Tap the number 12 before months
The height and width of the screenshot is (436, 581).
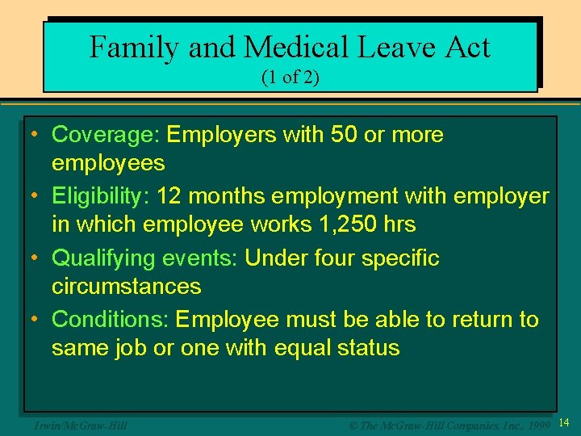click(x=170, y=196)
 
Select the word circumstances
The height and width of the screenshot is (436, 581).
click(x=127, y=287)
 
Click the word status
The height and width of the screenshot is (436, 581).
click(x=367, y=348)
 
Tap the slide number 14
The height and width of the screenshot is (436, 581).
click(x=564, y=423)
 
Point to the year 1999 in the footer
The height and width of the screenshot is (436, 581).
click(x=538, y=424)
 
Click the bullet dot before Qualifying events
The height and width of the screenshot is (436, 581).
click(x=36, y=258)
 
